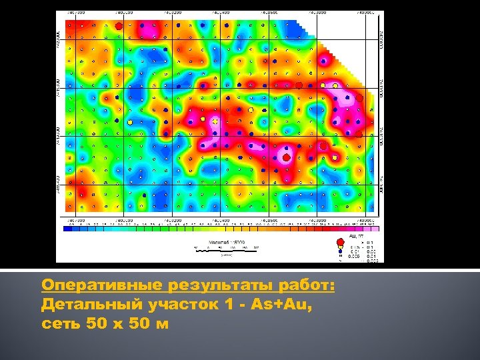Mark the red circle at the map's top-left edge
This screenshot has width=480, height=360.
pyautogui.click(x=119, y=25)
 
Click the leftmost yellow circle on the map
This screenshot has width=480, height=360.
pyautogui.click(x=130, y=123)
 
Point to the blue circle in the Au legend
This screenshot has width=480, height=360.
pyautogui.click(x=341, y=251)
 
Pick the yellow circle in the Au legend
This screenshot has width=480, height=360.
pyautogui.click(x=341, y=246)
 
